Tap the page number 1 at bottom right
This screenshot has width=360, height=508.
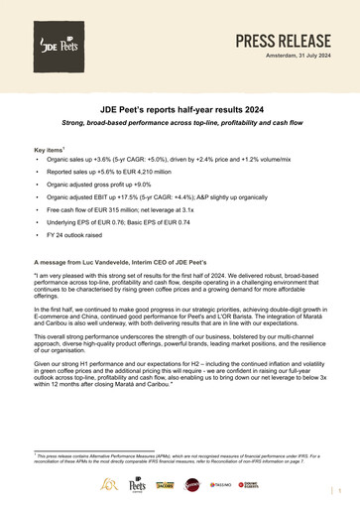(x=340, y=490)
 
